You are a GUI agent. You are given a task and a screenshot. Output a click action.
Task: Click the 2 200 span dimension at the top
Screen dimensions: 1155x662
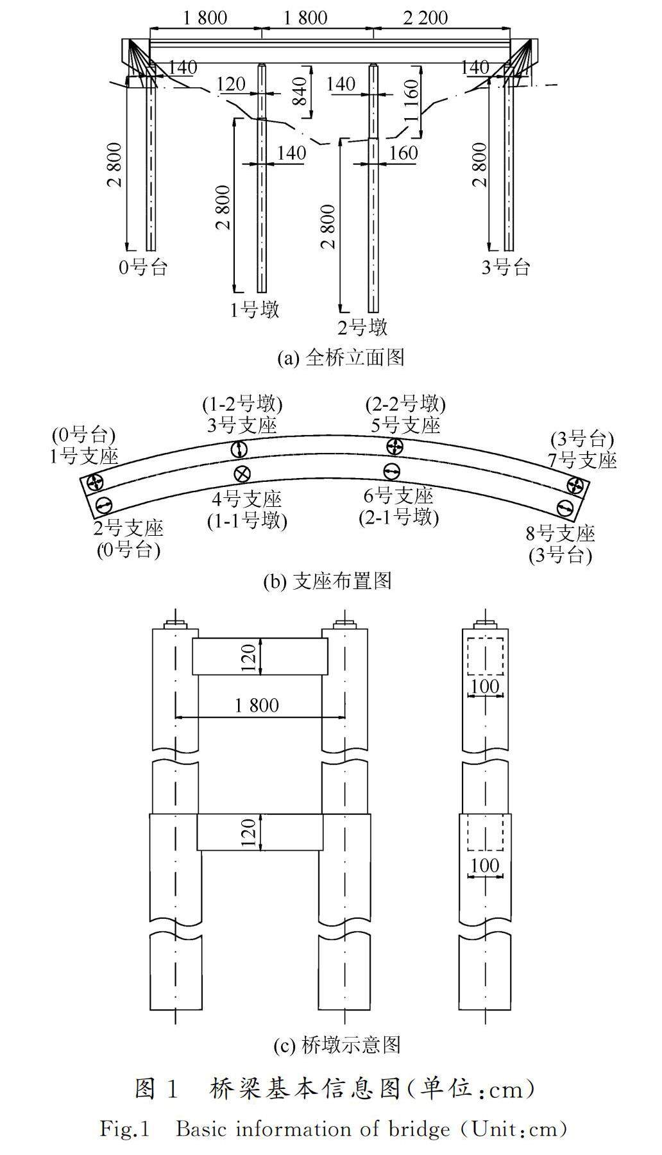(425, 17)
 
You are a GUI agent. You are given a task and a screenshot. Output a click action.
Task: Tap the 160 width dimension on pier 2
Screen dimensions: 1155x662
(403, 153)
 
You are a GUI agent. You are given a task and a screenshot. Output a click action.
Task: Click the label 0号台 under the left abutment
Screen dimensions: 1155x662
(143, 267)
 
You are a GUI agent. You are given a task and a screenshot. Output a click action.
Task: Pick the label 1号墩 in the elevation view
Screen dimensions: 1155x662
(255, 310)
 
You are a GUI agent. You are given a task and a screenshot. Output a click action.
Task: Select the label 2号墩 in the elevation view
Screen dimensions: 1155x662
(363, 328)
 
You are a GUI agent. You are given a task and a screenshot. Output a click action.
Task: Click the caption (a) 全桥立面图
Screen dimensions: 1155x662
(340, 357)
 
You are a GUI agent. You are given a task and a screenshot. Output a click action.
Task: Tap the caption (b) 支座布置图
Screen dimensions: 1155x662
(327, 581)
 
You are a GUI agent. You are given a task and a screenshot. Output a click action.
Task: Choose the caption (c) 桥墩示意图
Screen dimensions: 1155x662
(336, 1045)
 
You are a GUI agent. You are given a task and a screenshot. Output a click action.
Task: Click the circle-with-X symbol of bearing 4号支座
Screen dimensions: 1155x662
(242, 474)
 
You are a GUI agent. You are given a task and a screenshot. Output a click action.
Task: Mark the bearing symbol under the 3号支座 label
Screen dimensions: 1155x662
(239, 449)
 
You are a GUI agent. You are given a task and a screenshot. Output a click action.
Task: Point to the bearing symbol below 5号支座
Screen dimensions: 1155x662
(395, 446)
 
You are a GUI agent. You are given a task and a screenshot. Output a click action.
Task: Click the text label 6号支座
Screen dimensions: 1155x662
(398, 495)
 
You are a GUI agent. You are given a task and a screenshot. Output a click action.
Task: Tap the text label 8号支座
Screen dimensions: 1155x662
(561, 534)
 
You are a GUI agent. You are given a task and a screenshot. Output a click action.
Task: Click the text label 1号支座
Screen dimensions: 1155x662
(85, 456)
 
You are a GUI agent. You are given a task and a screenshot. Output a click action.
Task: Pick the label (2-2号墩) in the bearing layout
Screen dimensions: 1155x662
(405, 404)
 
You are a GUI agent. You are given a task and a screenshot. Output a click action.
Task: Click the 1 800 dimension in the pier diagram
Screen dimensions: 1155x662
(257, 706)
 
